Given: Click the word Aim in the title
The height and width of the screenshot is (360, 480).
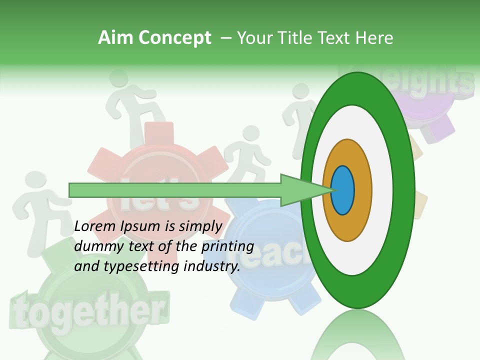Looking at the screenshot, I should click(115, 38).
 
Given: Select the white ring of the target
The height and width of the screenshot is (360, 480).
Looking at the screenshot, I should click(382, 190).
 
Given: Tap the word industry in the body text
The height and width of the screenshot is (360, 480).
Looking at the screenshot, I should click(211, 266).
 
